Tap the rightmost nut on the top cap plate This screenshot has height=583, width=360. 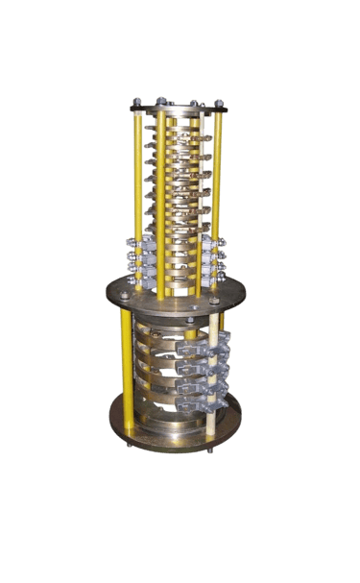pos(220,101)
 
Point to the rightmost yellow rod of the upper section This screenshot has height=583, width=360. pos(218,182)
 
